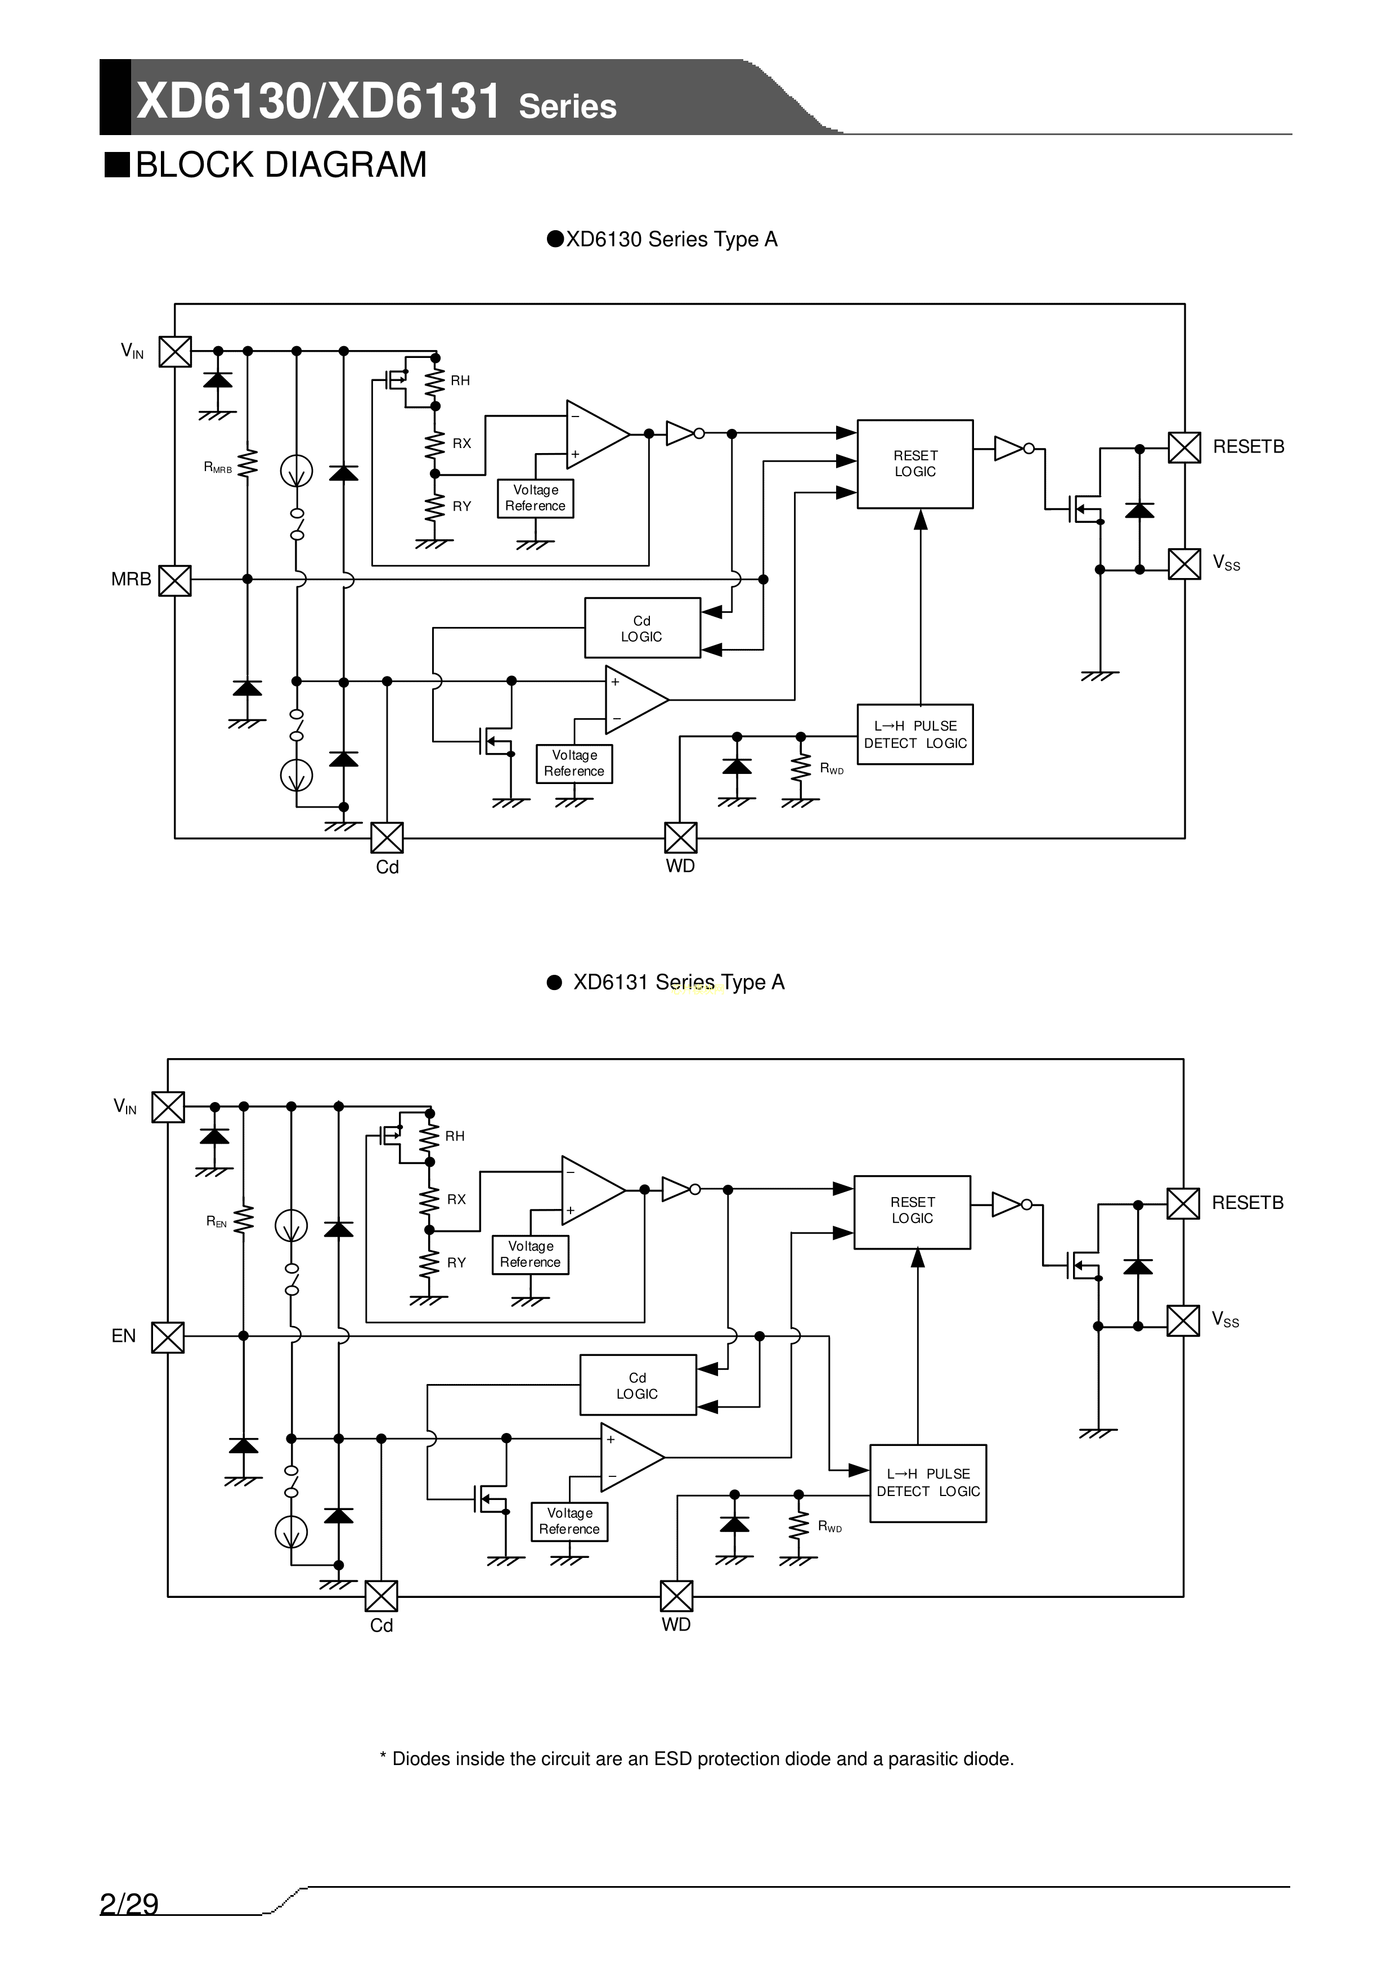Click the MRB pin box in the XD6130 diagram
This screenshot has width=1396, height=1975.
tap(176, 580)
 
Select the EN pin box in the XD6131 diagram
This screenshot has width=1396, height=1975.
tap(168, 1337)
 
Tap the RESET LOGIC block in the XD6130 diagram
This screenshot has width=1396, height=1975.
tap(914, 464)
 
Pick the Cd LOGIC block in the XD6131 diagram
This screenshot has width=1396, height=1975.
tap(638, 1385)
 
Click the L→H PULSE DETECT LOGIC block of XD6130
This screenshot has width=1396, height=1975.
tap(914, 735)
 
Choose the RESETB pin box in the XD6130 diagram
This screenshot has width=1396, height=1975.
tap(1184, 447)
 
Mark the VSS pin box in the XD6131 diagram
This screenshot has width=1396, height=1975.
tap(1183, 1320)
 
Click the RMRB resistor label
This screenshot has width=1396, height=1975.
tap(218, 468)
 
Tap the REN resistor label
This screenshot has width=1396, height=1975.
tap(217, 1221)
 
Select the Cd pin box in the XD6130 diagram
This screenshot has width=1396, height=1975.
tap(387, 838)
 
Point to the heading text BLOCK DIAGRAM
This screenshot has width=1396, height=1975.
tap(280, 165)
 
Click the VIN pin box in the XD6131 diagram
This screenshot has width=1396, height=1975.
tap(168, 1107)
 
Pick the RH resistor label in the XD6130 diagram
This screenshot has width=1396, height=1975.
tap(460, 381)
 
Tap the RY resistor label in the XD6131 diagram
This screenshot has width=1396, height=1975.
tap(456, 1263)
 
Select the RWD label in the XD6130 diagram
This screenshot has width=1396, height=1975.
tap(832, 769)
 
